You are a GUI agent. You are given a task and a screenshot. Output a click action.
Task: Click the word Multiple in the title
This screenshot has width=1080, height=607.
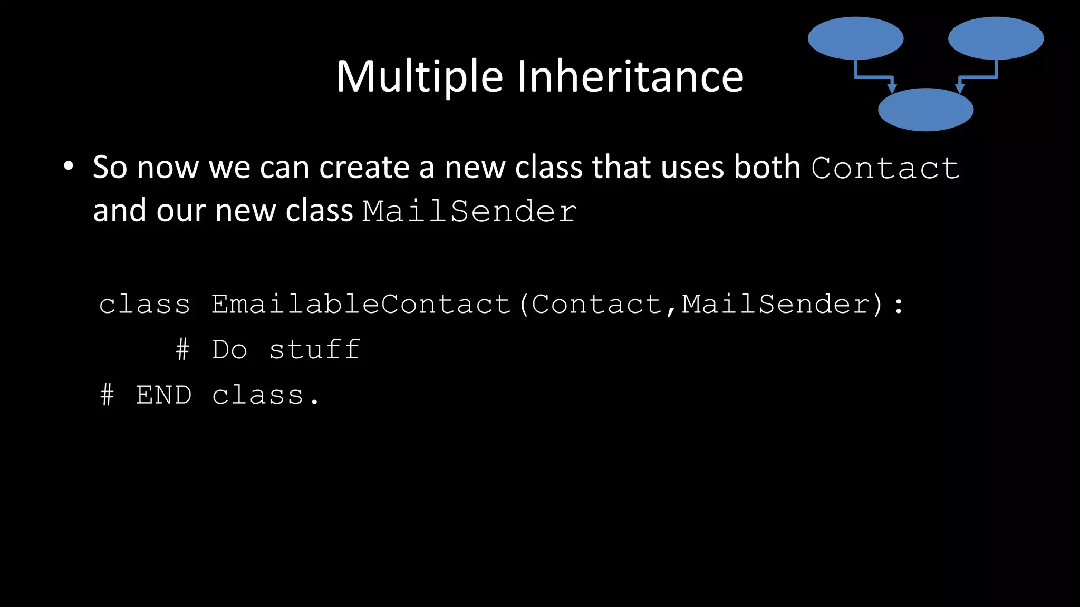tap(420, 77)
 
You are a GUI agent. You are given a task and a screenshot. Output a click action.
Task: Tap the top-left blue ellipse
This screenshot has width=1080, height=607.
tap(855, 38)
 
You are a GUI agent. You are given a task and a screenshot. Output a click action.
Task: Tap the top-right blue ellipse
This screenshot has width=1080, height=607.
tap(996, 38)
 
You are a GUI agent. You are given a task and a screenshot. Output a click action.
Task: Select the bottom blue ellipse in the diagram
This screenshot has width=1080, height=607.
tap(925, 110)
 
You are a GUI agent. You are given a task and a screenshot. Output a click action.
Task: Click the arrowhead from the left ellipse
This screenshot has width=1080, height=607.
tap(892, 88)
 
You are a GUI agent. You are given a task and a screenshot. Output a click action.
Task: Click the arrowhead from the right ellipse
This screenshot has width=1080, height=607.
tap(960, 88)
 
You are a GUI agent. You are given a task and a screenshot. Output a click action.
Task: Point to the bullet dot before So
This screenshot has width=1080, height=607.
tap(68, 167)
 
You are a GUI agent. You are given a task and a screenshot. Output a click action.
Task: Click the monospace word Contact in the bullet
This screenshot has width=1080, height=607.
tap(885, 169)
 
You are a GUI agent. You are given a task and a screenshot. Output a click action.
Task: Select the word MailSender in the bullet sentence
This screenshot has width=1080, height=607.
tap(469, 212)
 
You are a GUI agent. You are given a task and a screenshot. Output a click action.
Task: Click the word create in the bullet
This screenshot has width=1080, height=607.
tap(364, 168)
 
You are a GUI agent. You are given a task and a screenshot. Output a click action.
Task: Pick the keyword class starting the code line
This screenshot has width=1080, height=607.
tap(144, 305)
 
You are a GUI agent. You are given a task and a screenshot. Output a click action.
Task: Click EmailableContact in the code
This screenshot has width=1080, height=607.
tap(361, 305)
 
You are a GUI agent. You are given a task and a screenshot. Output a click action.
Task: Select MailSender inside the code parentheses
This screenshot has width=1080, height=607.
tap(776, 305)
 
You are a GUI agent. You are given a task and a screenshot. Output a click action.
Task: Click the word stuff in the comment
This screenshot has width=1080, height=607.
tap(315, 350)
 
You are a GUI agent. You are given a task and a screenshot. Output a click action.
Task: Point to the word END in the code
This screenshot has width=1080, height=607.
tap(163, 395)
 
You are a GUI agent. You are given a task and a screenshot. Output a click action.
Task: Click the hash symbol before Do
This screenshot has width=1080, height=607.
tap(182, 350)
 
